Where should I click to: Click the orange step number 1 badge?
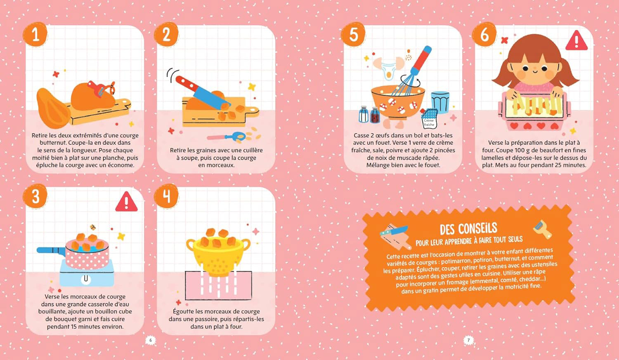point(35,35)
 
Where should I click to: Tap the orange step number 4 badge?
point(166,196)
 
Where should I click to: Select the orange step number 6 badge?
point(484,35)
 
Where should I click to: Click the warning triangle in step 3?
point(126,202)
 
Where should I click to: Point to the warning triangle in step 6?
point(576,41)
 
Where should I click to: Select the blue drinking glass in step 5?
point(440,102)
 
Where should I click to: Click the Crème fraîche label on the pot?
point(429,122)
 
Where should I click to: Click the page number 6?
point(151,340)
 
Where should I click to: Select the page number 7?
point(468,340)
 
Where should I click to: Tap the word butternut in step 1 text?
point(53,143)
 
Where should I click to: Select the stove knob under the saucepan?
point(86,279)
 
